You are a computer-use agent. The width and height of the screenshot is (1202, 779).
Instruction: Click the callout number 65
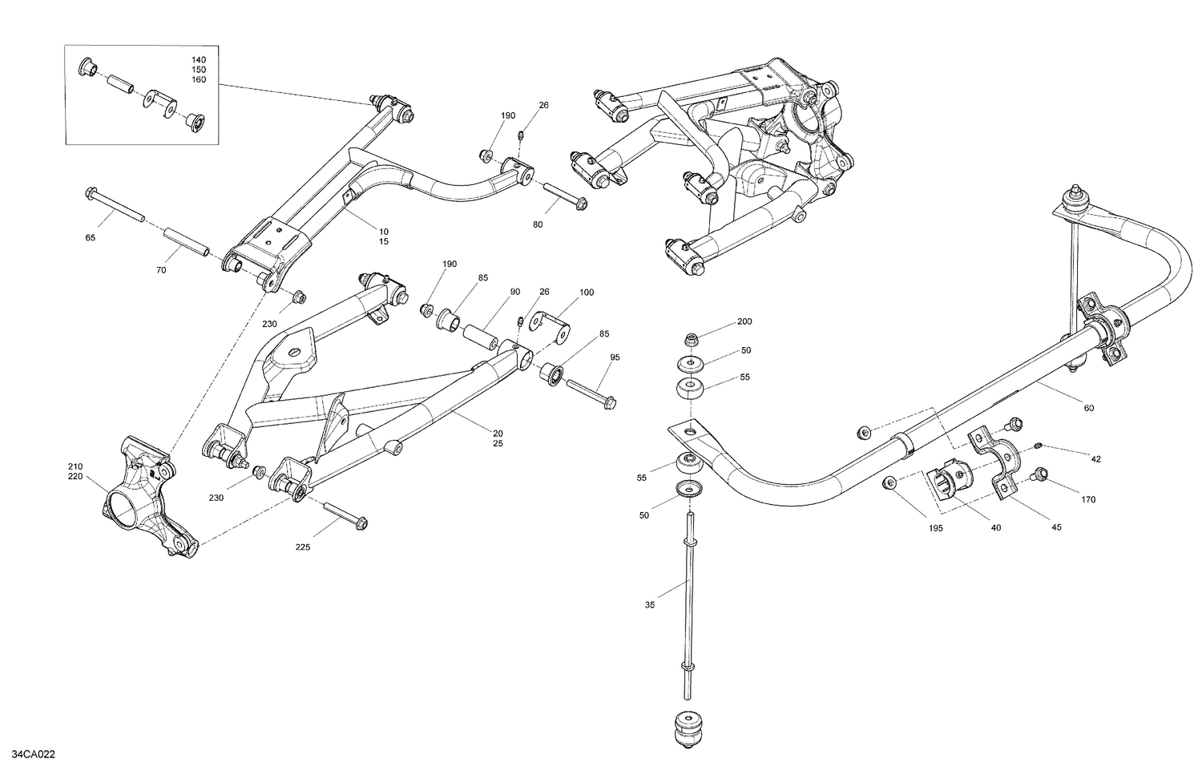[x=90, y=238]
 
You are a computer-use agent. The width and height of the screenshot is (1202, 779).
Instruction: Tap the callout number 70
[x=161, y=270]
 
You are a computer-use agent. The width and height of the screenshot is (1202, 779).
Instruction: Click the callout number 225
[x=302, y=547]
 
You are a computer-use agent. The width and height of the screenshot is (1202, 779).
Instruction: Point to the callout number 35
[x=649, y=605]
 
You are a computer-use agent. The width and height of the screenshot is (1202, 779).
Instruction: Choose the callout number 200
[x=744, y=321]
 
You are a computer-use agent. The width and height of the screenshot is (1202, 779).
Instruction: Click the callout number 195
[x=935, y=528]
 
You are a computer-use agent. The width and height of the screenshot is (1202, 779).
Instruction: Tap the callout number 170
[x=1087, y=500]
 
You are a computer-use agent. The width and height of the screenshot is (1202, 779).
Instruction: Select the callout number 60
[x=1088, y=408]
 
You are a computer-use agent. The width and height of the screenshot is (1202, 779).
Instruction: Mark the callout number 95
[x=615, y=357]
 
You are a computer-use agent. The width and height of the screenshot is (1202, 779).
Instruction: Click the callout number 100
[x=587, y=293]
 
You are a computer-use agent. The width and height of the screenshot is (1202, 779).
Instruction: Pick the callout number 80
[x=537, y=224]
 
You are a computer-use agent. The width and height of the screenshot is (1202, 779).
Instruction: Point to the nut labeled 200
[x=692, y=339]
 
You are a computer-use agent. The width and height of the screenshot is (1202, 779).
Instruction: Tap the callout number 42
[x=1095, y=459]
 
